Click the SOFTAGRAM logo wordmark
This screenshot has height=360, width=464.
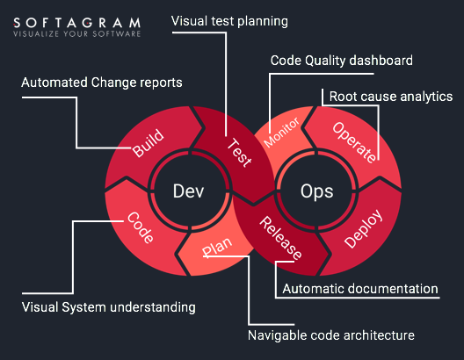pyautogui.click(x=77, y=23)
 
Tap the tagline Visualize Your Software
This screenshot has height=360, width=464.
pyautogui.click(x=77, y=33)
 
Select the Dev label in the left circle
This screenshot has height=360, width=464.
pyautogui.click(x=188, y=191)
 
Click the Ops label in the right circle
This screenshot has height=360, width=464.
pyautogui.click(x=317, y=192)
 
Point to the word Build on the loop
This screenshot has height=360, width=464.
pyautogui.click(x=148, y=143)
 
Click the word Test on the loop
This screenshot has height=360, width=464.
pyautogui.click(x=239, y=153)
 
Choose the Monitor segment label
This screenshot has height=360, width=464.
pyautogui.click(x=281, y=132)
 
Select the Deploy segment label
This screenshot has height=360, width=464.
pyautogui.click(x=364, y=229)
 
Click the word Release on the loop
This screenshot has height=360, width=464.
pyautogui.click(x=280, y=238)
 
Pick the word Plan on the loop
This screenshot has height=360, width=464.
pyautogui.click(x=217, y=247)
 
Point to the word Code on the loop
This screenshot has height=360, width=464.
pyautogui.click(x=141, y=227)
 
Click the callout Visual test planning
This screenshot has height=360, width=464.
pyautogui.click(x=229, y=21)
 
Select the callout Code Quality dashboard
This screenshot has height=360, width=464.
pyautogui.click(x=342, y=61)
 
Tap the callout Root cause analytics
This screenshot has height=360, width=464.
pyautogui.click(x=391, y=97)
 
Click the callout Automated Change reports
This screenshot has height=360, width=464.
pyautogui.click(x=102, y=83)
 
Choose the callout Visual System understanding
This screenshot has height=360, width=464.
pyautogui.click(x=109, y=307)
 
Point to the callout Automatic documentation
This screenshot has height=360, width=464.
pyautogui.click(x=360, y=289)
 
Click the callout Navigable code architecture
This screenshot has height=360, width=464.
pyautogui.click(x=331, y=335)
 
